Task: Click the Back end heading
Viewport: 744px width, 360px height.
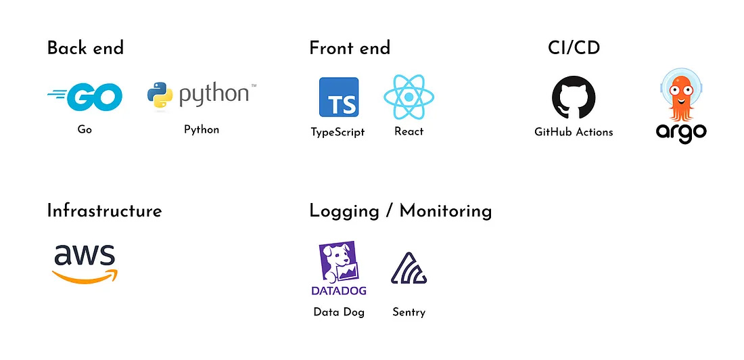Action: (x=85, y=48)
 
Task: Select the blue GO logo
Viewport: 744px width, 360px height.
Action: (x=85, y=97)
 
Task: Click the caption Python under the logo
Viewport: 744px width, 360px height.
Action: (x=202, y=130)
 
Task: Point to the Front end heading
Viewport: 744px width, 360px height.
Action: (x=350, y=48)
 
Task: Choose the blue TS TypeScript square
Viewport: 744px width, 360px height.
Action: (x=339, y=97)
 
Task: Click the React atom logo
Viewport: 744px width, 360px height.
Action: (x=409, y=97)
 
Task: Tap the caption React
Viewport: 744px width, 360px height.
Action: (x=409, y=131)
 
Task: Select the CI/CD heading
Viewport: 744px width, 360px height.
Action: (x=574, y=48)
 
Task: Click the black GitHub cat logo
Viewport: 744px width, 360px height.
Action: (x=574, y=97)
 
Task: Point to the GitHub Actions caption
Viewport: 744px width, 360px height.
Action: (x=574, y=132)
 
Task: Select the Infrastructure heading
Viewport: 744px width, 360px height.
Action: (x=104, y=210)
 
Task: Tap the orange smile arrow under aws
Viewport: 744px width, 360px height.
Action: (x=85, y=276)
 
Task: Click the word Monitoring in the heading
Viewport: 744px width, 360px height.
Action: (x=446, y=211)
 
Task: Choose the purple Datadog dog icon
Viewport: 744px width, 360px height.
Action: (x=339, y=262)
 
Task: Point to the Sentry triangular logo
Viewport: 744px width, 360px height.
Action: (x=409, y=269)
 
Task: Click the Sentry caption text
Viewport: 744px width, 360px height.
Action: (x=409, y=313)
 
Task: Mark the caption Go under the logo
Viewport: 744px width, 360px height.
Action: (x=85, y=129)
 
